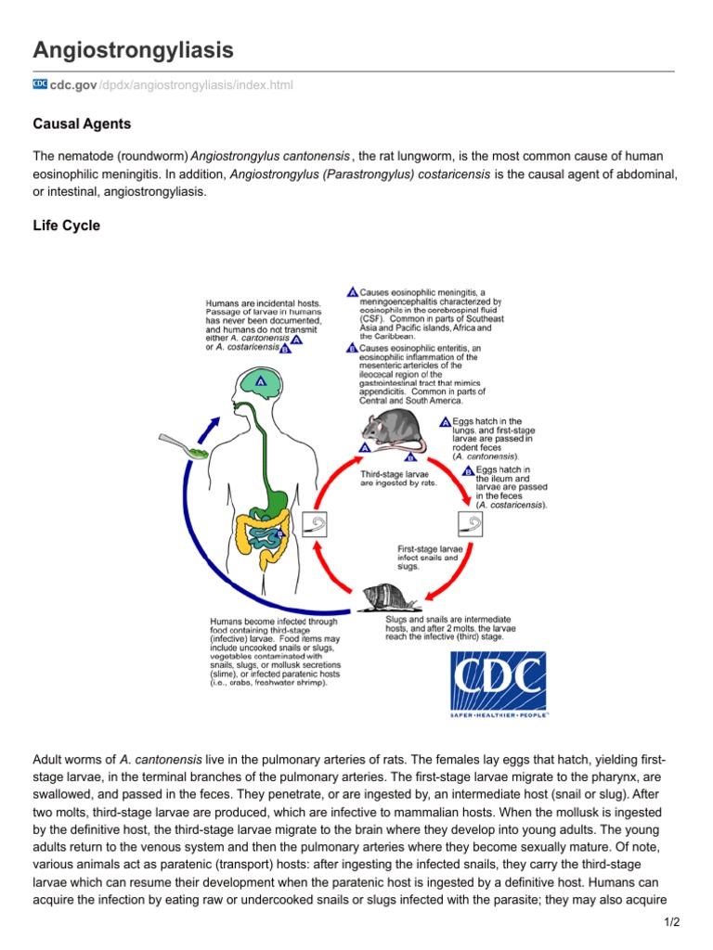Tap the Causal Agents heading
pyautogui.click(x=82, y=123)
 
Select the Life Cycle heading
pyautogui.click(x=66, y=225)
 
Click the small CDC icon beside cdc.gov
pyautogui.click(x=40, y=84)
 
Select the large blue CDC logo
pyautogui.click(x=498, y=684)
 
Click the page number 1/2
pyautogui.click(x=672, y=922)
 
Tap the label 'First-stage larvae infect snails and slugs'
pyautogui.click(x=428, y=557)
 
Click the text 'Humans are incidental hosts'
pyautogui.click(x=263, y=303)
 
